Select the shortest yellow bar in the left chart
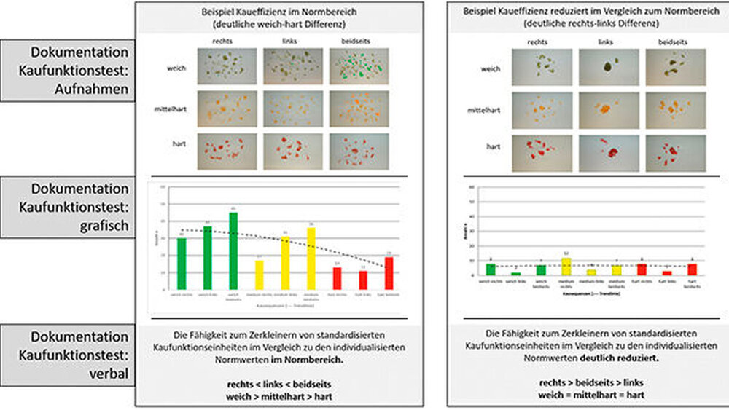click(259, 275)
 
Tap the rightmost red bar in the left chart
click(389, 273)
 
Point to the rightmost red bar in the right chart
click(692, 269)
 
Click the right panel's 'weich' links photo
click(609, 68)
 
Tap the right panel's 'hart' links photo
click(609, 152)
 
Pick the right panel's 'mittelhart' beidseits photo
click(676, 110)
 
